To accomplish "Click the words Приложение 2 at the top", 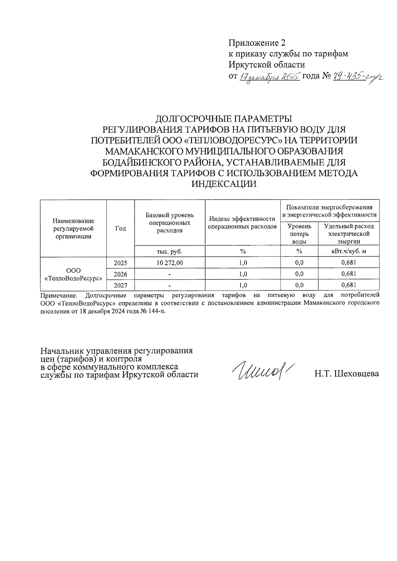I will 256,43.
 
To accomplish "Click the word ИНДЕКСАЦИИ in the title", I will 224,184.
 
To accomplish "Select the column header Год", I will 120,228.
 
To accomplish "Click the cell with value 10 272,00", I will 169,263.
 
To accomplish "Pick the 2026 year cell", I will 120,274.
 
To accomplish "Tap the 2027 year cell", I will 120,285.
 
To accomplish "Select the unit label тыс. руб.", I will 169,252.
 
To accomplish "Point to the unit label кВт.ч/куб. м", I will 349,252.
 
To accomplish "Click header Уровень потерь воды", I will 299,234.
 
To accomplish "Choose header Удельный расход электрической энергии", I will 349,234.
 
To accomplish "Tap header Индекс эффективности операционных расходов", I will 243,223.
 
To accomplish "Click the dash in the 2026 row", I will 169,274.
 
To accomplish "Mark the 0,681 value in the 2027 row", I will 349,285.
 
